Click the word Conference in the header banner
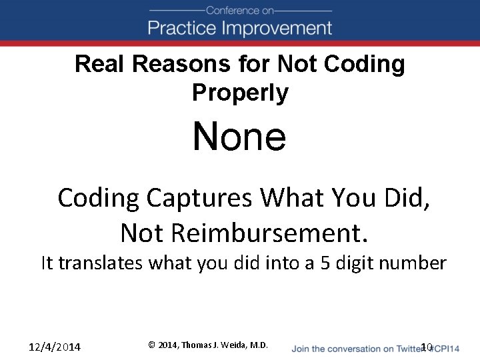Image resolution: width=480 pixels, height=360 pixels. [231, 10]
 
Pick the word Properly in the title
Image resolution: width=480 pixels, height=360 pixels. [240, 93]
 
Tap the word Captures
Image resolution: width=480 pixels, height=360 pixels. [201, 198]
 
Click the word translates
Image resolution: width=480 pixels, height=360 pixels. [101, 263]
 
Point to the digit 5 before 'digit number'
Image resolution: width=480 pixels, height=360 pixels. [325, 263]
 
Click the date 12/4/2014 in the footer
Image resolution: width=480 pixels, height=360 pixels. [55, 347]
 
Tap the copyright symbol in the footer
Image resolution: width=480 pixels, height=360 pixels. [152, 345]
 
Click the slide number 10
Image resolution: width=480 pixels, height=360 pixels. [427, 347]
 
